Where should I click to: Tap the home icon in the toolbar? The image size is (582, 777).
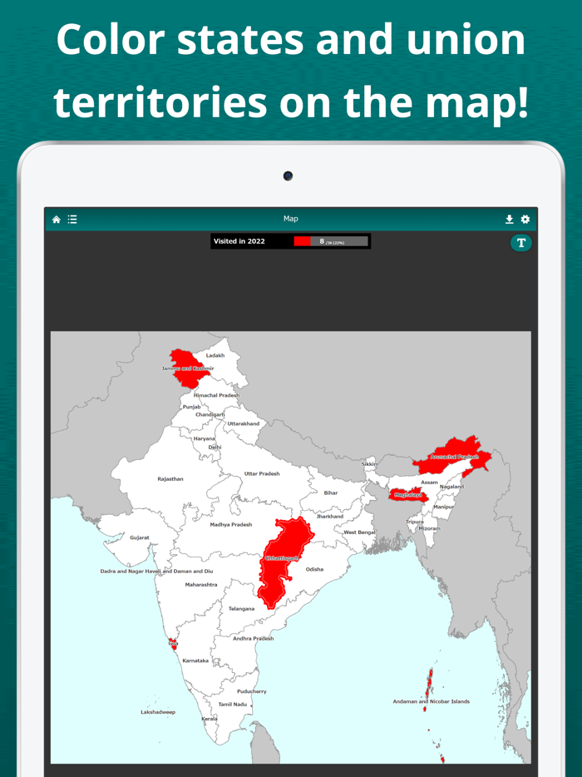[x=57, y=220]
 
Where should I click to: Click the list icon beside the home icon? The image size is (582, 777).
[x=72, y=220]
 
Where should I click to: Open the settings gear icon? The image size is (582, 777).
[x=525, y=220]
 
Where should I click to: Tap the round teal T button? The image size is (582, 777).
[x=521, y=243]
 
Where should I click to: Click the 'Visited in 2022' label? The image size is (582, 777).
[x=239, y=241]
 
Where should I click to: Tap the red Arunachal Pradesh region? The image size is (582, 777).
[x=456, y=456]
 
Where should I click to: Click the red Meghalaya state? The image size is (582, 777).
[x=407, y=495]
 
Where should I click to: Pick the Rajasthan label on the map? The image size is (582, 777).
[x=170, y=479]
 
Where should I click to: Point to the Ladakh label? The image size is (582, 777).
[x=215, y=355]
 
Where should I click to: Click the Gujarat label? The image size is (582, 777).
[x=140, y=537]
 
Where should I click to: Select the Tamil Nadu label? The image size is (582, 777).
[x=233, y=704]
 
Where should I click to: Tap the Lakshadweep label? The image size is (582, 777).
[x=158, y=712]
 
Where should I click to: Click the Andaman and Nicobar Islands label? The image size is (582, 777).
[x=431, y=701]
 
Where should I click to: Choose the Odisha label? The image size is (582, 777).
[x=314, y=570]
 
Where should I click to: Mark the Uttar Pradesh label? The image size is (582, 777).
[x=262, y=473]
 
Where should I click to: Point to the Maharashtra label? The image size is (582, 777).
[x=201, y=585]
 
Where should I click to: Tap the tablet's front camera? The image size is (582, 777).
[x=288, y=176]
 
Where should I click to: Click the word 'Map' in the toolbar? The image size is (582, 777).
[x=291, y=219]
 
